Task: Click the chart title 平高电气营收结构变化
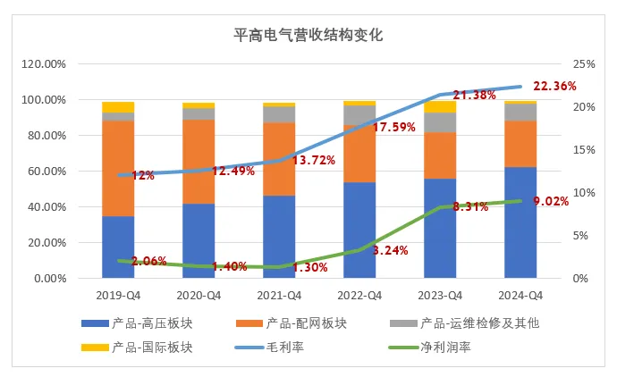308,35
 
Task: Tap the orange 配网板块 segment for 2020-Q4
199,161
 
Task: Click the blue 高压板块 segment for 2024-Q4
520,222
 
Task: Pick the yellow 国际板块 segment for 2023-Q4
440,106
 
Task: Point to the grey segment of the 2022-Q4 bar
359,115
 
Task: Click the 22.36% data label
554,87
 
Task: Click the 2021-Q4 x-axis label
279,295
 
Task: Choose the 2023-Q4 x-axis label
440,295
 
